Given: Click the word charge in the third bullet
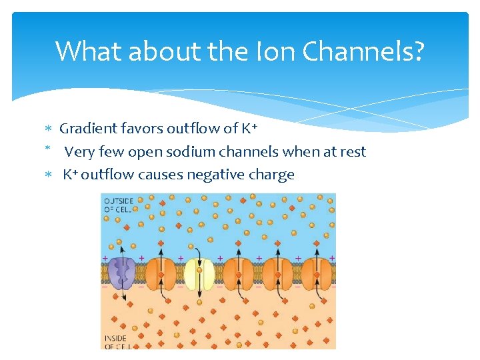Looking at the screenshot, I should click(273, 175).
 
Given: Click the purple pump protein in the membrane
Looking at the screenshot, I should click(122, 273).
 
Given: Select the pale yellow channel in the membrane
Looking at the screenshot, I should click(199, 274).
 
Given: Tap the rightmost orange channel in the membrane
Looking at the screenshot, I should click(317, 274).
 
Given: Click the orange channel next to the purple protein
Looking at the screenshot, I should click(161, 274).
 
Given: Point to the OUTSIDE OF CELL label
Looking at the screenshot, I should click(119, 204).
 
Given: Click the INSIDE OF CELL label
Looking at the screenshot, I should click(117, 342).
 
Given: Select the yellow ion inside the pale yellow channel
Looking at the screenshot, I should click(199, 270).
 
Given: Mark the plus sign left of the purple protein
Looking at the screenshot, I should click(104, 257).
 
